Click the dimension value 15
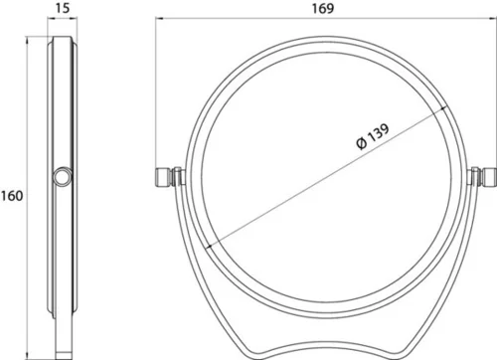coord(63,8)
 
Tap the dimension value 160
coord(12,196)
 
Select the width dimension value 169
coord(323,8)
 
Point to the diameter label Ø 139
coord(373,136)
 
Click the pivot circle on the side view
coord(63,177)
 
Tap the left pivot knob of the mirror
coord(162,177)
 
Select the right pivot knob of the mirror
coord(489,177)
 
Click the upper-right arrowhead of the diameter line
coord(444,109)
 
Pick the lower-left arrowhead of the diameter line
coord(210,246)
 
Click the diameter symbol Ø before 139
coord(361,143)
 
